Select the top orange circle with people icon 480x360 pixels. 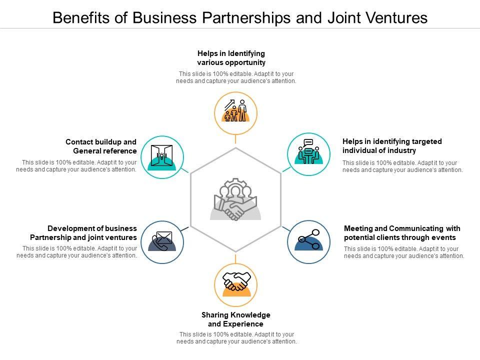[x=235, y=114]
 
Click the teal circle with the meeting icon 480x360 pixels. [x=309, y=154]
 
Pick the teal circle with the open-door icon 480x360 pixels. [x=162, y=156]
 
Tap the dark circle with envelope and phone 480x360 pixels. [x=162, y=242]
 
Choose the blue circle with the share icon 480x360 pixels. [x=309, y=242]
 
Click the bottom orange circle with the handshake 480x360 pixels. [x=235, y=285]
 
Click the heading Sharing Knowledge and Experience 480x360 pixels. [x=236, y=319]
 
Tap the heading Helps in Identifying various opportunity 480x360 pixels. [x=231, y=58]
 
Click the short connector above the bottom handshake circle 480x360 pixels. [x=235, y=259]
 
